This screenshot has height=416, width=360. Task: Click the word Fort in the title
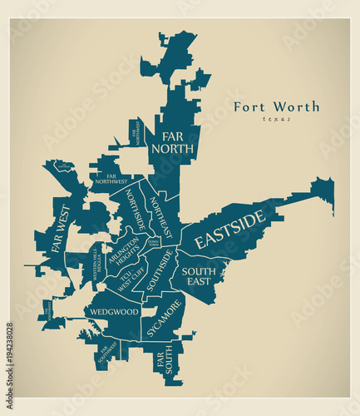pyautogui.click(x=249, y=106)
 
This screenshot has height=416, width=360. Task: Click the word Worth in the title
pyautogui.click(x=294, y=106)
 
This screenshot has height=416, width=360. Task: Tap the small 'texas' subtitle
pyautogui.click(x=274, y=120)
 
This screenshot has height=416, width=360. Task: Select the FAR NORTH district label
pyautogui.click(x=172, y=142)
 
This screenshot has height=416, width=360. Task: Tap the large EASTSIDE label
pyautogui.click(x=229, y=230)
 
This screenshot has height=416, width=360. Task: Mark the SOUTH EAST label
pyautogui.click(x=199, y=276)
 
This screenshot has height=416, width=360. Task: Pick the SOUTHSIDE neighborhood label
pyautogui.click(x=160, y=272)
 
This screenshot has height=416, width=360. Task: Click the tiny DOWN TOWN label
pyautogui.click(x=153, y=242)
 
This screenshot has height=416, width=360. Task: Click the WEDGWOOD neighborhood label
pyautogui.click(x=111, y=312)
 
